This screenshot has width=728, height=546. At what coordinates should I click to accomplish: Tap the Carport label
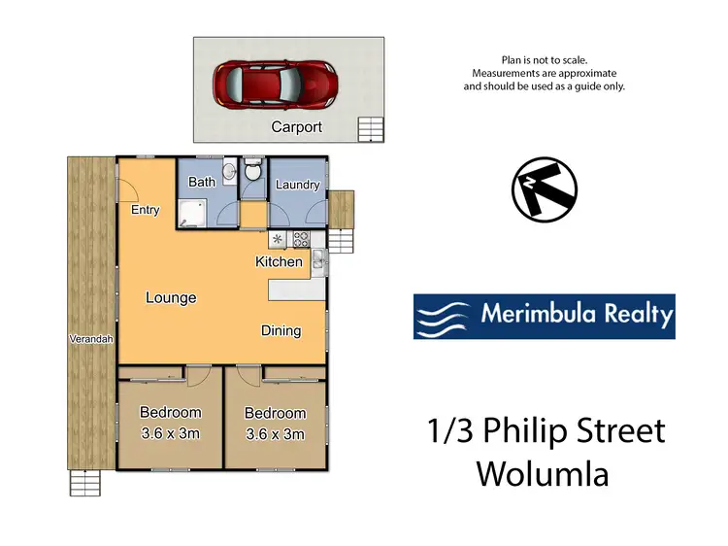click(x=296, y=127)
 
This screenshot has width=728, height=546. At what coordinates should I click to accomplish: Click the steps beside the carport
click(x=370, y=128)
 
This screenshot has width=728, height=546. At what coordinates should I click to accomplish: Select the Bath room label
click(x=202, y=182)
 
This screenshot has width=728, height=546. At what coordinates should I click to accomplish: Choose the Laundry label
click(x=297, y=185)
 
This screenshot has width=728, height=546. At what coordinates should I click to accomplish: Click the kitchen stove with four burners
click(x=301, y=238)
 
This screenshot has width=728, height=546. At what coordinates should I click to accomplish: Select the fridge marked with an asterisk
click(x=278, y=238)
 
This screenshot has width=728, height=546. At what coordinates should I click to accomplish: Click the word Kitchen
click(x=279, y=261)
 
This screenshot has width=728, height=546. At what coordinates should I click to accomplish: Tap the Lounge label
click(x=171, y=297)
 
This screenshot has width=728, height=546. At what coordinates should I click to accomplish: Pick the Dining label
click(x=281, y=330)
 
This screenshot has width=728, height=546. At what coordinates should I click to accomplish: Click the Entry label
click(x=146, y=210)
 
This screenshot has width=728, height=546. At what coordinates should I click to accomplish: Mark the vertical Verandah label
click(x=92, y=339)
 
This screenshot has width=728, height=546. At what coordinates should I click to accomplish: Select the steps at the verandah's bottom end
click(x=84, y=483)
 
